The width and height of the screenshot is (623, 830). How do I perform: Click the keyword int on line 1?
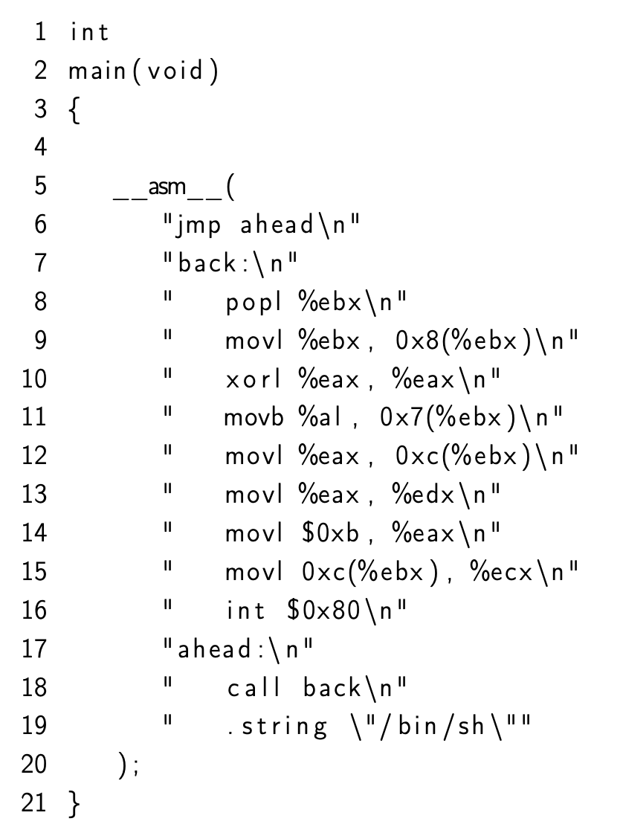pyautogui.click(x=89, y=32)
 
